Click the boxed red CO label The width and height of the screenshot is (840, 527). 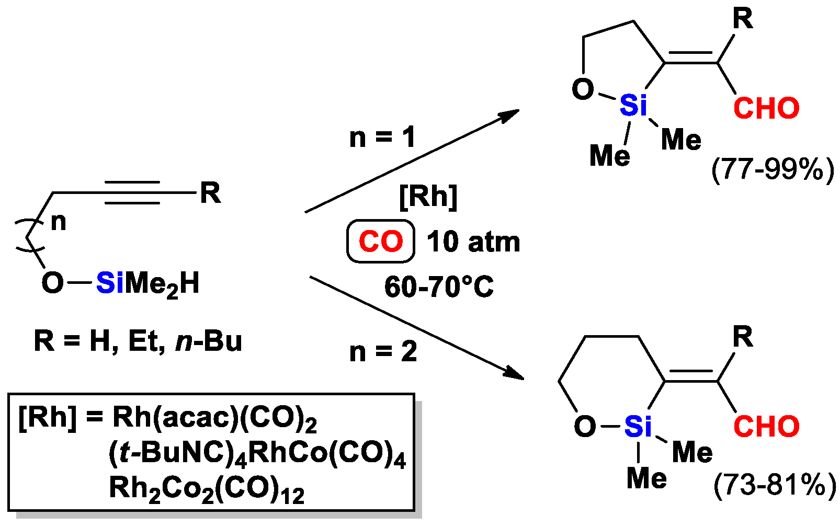point(380,242)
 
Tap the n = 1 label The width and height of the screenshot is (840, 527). point(382,138)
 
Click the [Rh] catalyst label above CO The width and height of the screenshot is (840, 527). point(428,197)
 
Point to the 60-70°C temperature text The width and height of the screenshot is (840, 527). point(439,287)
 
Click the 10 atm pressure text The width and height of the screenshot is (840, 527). point(473,242)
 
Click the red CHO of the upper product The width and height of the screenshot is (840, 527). point(766,108)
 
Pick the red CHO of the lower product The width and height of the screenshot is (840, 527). point(766,427)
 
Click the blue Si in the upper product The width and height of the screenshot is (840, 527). point(633,106)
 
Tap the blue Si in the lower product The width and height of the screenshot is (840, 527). point(638,427)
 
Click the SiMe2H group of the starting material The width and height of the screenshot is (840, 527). point(148,284)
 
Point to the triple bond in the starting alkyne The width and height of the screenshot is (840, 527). point(132,193)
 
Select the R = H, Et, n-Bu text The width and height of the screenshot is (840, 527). point(138,341)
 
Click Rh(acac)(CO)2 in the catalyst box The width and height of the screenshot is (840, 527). point(214,418)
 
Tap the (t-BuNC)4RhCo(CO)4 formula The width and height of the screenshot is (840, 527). point(257,453)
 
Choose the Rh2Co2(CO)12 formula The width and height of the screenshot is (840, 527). point(207,489)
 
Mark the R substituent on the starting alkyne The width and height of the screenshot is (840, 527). point(210,193)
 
